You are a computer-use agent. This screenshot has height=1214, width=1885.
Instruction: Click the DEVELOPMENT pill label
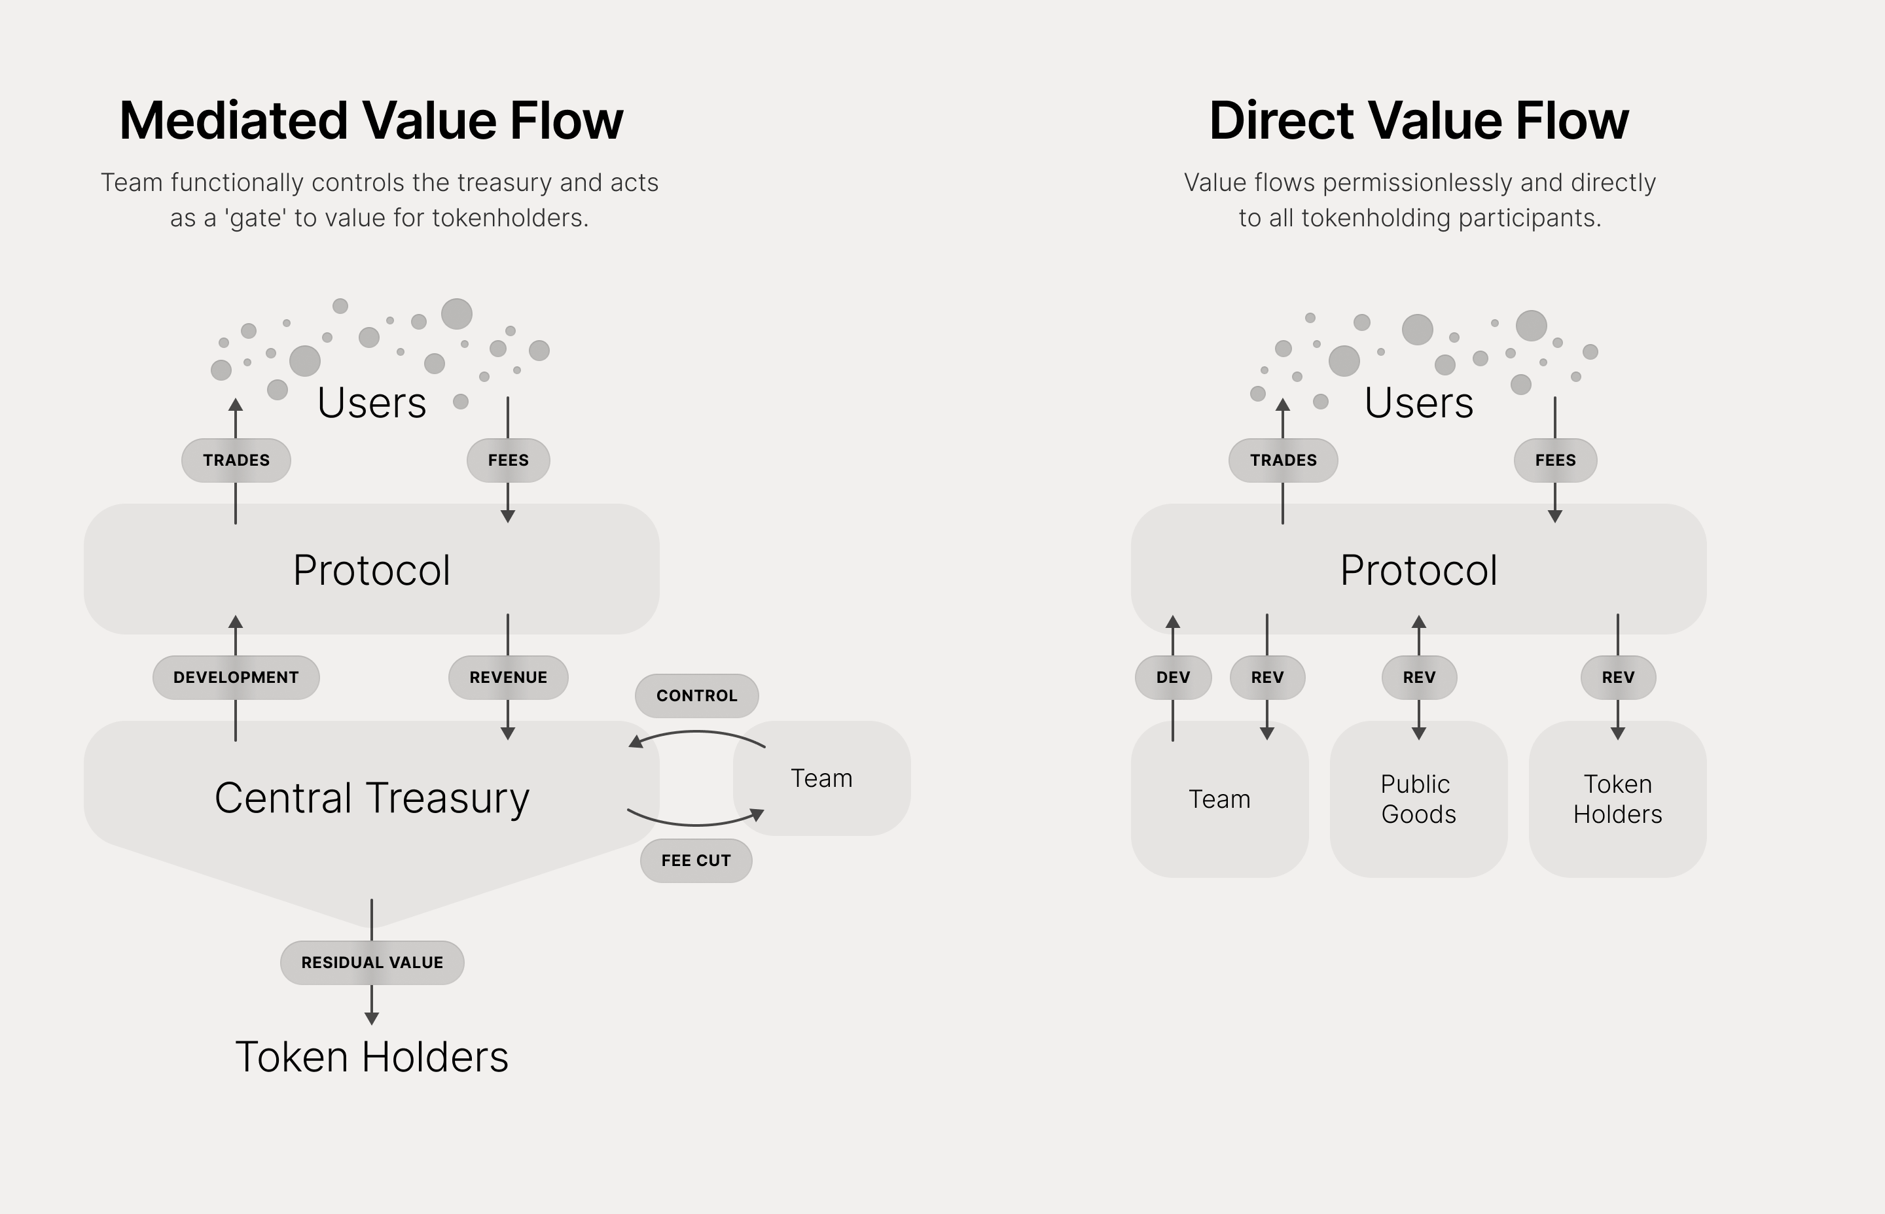point(236,677)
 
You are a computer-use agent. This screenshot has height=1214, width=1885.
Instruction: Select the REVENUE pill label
point(508,677)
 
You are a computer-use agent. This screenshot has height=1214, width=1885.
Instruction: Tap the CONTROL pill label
point(696,695)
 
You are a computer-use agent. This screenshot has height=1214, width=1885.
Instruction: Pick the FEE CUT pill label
point(696,860)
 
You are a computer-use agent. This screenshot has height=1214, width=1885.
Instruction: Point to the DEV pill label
point(1173,677)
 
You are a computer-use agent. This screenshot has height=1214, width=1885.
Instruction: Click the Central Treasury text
point(372,798)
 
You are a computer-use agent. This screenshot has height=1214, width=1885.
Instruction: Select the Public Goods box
point(1418,799)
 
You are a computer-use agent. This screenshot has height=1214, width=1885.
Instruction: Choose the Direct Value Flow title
point(1418,120)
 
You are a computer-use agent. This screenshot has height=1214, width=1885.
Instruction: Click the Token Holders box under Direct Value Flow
point(1617,799)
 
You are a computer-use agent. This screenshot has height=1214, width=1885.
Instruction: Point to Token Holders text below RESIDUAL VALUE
point(372,1056)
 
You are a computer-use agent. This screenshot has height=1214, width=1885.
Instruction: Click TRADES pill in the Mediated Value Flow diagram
point(236,460)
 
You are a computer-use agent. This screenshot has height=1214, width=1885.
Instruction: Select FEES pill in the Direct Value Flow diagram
point(1554,460)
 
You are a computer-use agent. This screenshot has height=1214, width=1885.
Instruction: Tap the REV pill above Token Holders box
point(1617,677)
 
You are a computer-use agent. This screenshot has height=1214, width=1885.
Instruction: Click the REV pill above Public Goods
point(1418,677)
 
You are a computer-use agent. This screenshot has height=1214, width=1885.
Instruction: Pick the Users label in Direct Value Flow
point(1418,403)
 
